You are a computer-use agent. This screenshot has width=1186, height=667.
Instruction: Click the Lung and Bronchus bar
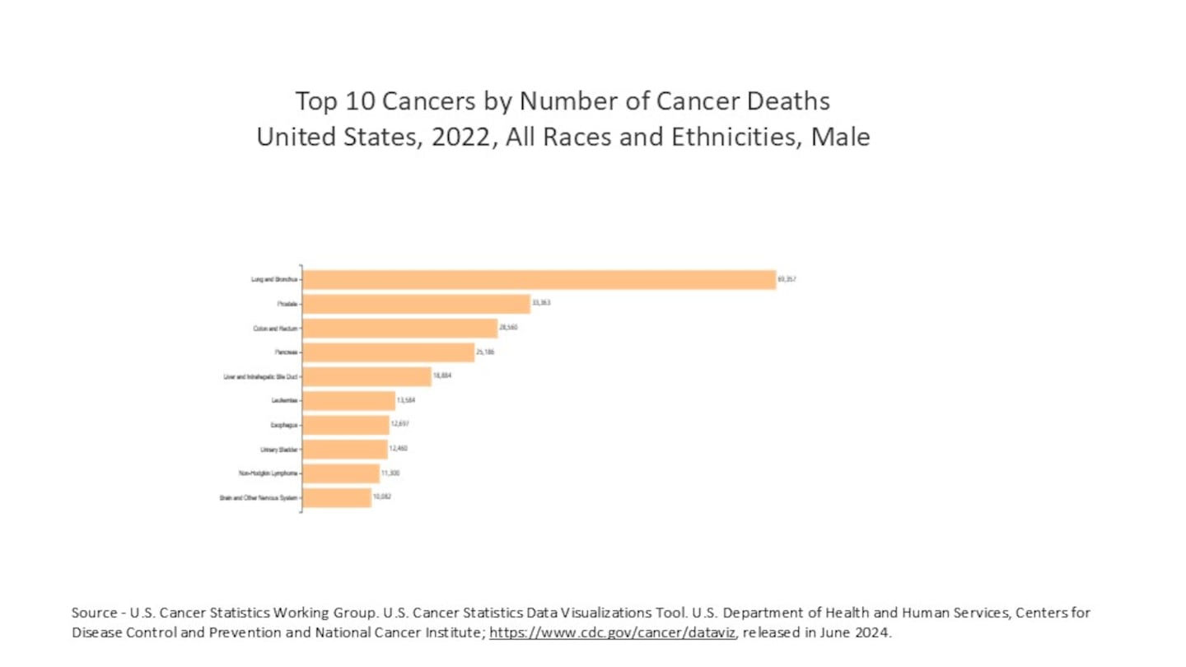pyautogui.click(x=539, y=280)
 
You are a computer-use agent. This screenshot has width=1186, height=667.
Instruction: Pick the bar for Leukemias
pyautogui.click(x=349, y=401)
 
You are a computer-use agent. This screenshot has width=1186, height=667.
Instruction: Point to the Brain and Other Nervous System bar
pyautogui.click(x=338, y=498)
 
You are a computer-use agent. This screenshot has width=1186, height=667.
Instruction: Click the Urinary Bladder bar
pyautogui.click(x=345, y=450)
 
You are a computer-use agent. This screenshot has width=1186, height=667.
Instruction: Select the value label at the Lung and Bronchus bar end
pyautogui.click(x=787, y=280)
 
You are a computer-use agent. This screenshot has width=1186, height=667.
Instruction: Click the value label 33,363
pyautogui.click(x=541, y=303)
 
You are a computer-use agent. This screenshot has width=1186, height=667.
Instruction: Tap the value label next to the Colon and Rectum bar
pyautogui.click(x=508, y=328)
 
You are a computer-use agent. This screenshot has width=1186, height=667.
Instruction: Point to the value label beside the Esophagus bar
pyautogui.click(x=399, y=425)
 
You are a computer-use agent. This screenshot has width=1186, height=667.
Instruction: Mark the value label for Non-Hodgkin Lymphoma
pyautogui.click(x=390, y=473)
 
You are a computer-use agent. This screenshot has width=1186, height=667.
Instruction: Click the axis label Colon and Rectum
pyautogui.click(x=275, y=329)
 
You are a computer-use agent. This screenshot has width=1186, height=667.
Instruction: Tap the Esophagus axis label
pyautogui.click(x=284, y=426)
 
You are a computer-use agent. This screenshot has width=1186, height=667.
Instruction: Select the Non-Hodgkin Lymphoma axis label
pyautogui.click(x=267, y=474)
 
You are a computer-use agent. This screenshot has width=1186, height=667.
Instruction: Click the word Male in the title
pyautogui.click(x=840, y=136)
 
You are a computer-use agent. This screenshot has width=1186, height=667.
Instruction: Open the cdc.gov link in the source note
pyautogui.click(x=612, y=633)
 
